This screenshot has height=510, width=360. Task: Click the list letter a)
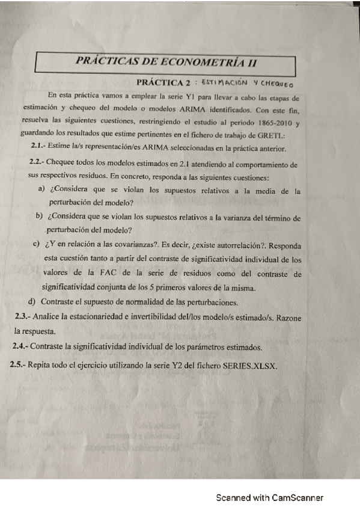41,190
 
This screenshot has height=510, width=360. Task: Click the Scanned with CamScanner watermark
270,497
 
